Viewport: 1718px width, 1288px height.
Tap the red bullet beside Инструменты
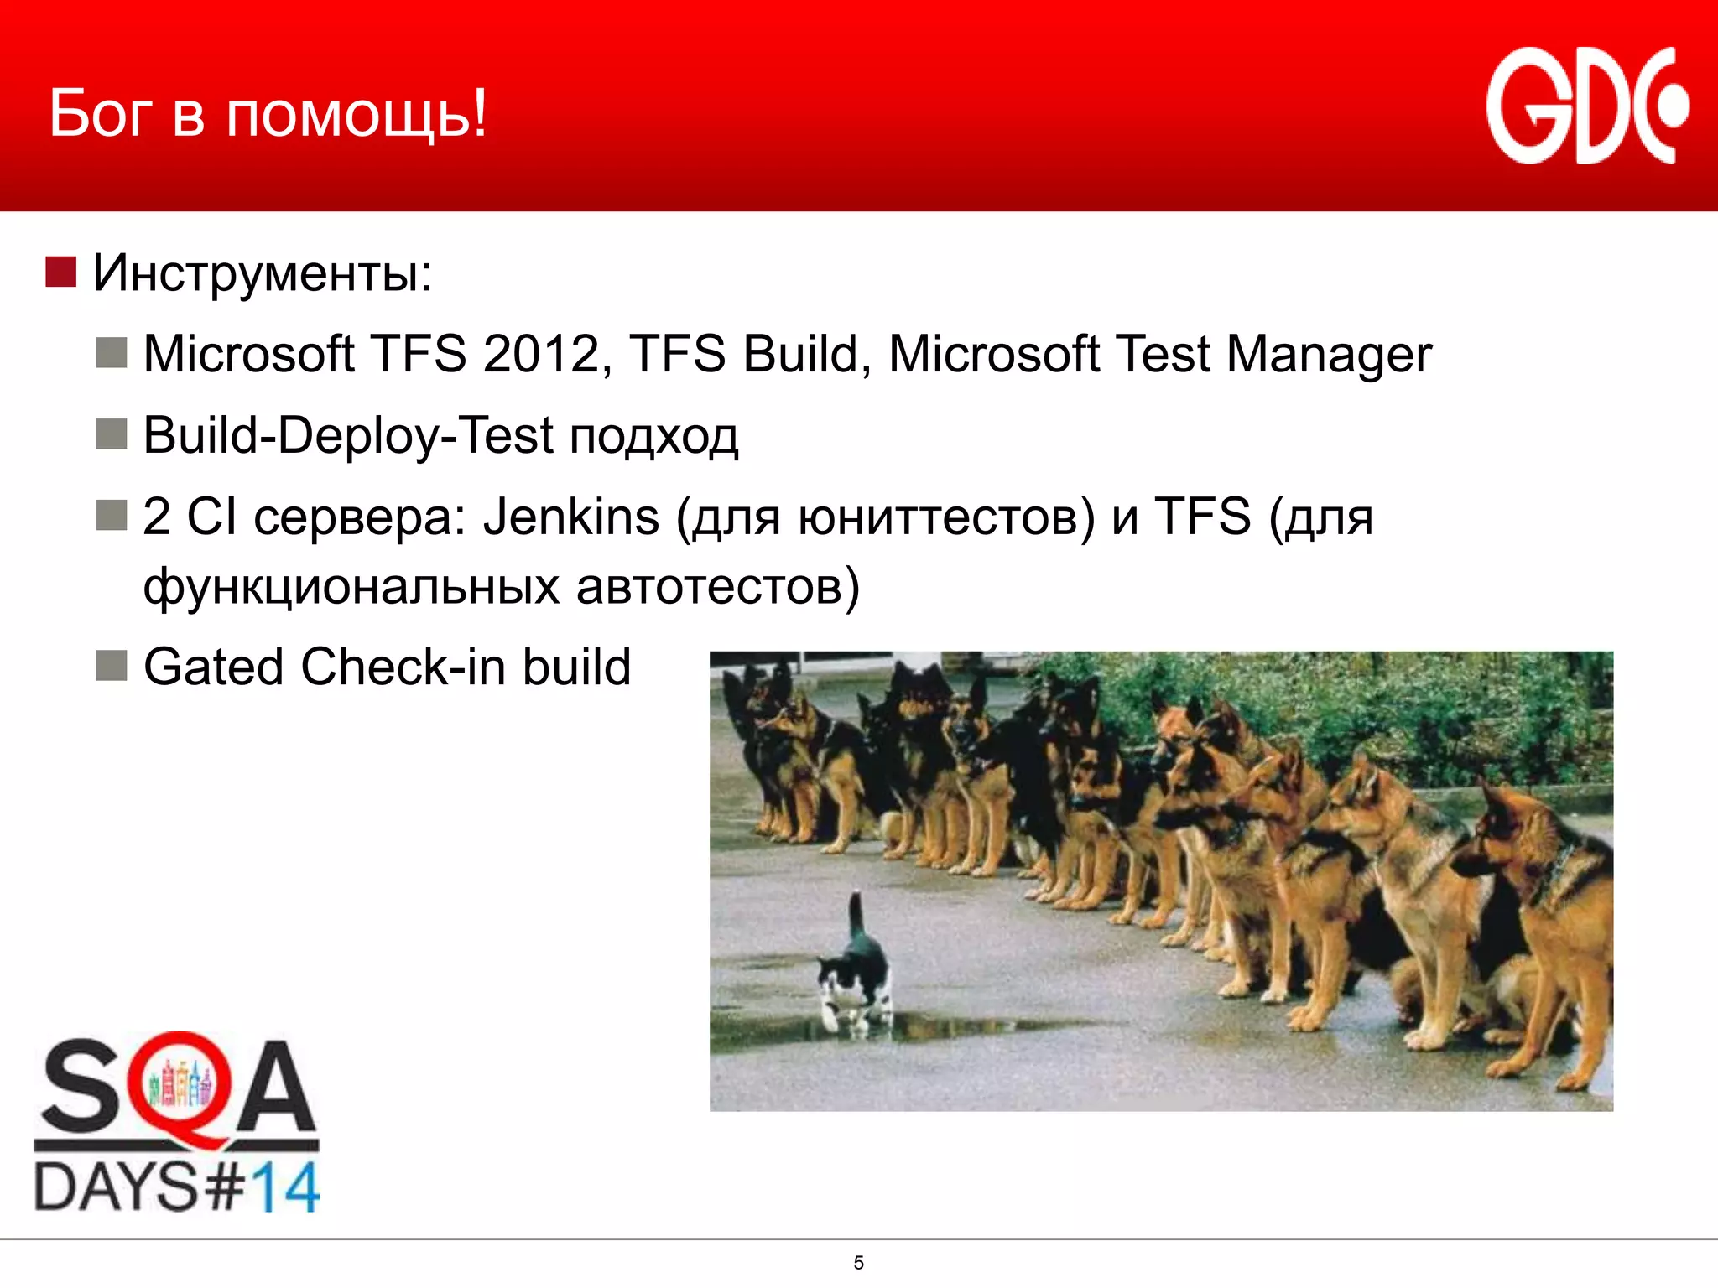click(60, 272)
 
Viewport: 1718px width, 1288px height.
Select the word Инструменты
click(262, 273)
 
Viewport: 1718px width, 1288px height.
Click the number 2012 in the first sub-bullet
click(541, 354)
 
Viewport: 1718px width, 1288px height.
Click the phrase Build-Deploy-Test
click(348, 436)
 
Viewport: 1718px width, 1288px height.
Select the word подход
click(653, 438)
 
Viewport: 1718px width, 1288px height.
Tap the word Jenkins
click(571, 517)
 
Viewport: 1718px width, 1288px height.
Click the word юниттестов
click(945, 518)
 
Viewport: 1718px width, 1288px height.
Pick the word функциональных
click(351, 586)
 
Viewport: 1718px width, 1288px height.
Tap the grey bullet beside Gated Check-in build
click(111, 666)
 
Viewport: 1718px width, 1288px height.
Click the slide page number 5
click(858, 1263)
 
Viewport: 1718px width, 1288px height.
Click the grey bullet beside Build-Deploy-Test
click(111, 434)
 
